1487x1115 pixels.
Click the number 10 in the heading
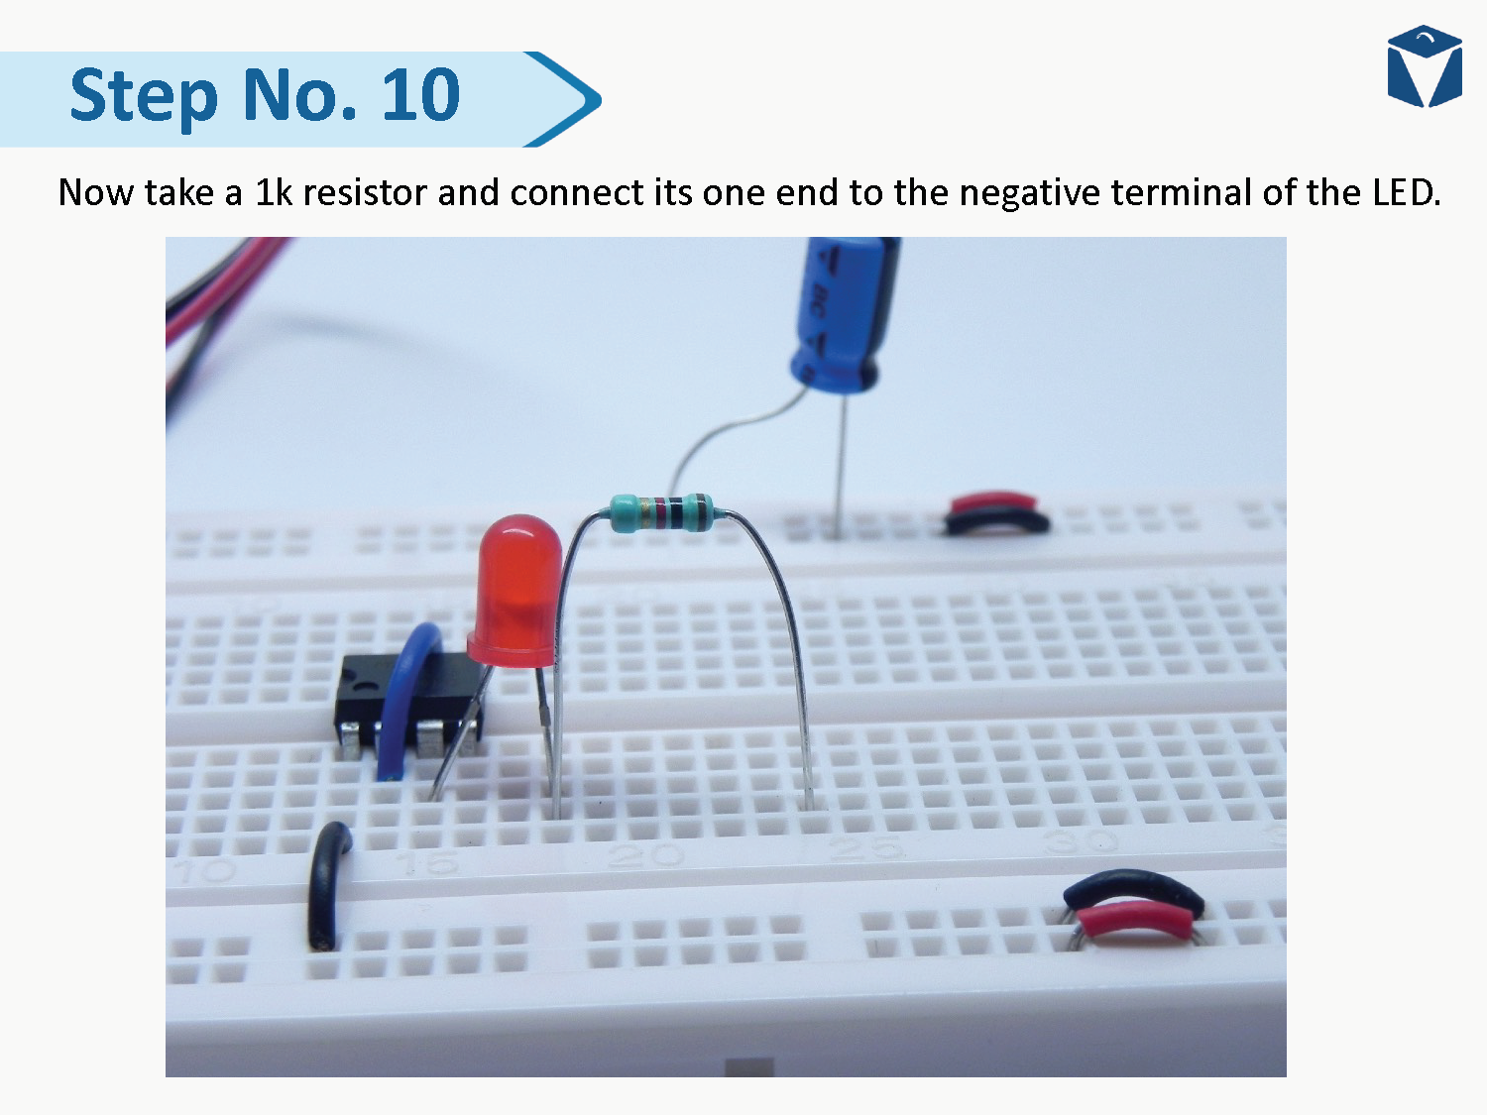coord(420,95)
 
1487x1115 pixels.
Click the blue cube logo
coord(1425,67)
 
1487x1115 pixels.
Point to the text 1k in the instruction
coord(273,192)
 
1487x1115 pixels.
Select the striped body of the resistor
coord(661,511)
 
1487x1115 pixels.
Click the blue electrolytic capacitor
coord(844,312)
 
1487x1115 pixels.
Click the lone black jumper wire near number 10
coord(328,882)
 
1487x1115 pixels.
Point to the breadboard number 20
coord(644,854)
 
